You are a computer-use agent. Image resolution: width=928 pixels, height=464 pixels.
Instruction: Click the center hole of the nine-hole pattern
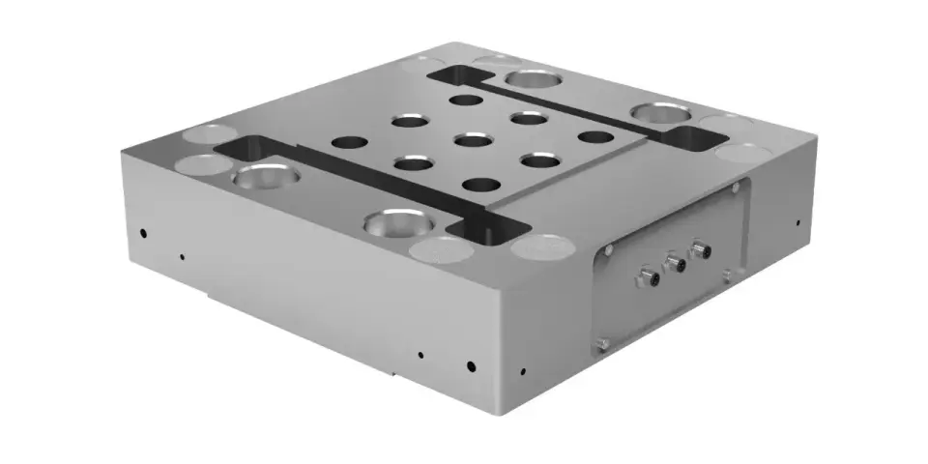coord(472,141)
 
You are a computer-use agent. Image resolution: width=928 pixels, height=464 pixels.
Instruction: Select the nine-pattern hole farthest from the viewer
coord(466,100)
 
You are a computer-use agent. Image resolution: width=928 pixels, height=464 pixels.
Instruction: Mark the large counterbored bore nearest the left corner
coord(264,176)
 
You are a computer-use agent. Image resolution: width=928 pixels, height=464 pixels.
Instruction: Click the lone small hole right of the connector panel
coord(798,222)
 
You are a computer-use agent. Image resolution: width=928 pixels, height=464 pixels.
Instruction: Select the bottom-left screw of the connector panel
coord(602,342)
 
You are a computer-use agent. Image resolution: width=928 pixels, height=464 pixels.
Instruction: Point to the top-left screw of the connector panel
coord(608,249)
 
